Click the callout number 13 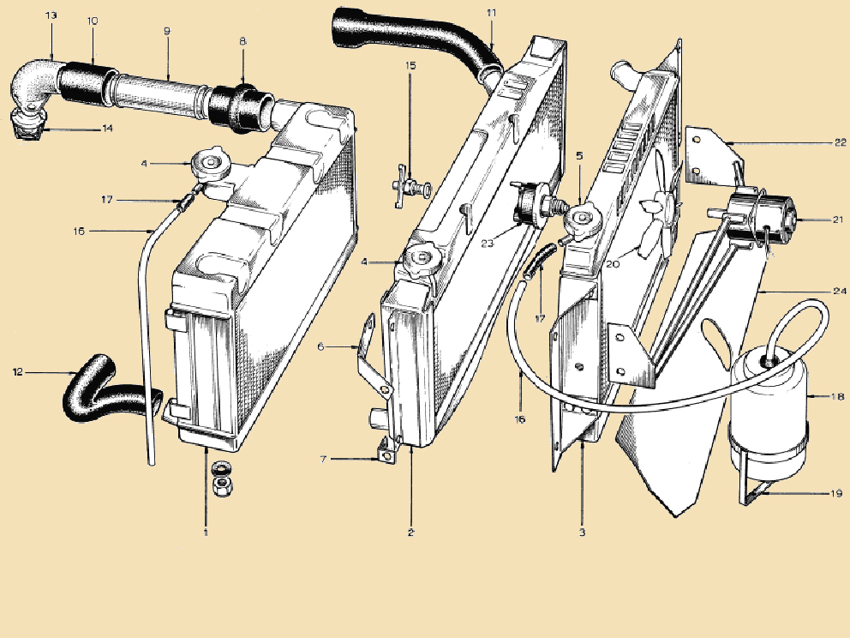[x=51, y=15]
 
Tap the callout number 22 [x=840, y=142]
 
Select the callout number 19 [x=836, y=493]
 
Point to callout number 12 [x=18, y=372]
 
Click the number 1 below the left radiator [x=206, y=533]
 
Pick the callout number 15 [x=410, y=66]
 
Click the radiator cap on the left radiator [x=211, y=161]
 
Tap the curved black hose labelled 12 [x=111, y=389]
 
